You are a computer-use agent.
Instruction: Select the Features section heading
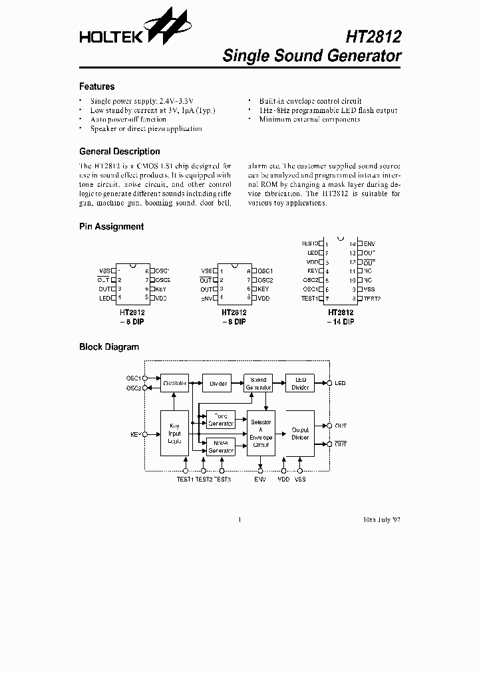pyautogui.click(x=96, y=86)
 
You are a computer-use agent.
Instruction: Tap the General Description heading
pyautogui.click(x=119, y=152)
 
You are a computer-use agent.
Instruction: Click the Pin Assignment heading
pyautogui.click(x=111, y=227)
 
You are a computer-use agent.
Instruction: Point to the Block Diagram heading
pyautogui.click(x=109, y=347)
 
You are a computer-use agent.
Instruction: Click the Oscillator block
pyautogui.click(x=174, y=383)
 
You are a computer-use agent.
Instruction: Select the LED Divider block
pyautogui.click(x=300, y=383)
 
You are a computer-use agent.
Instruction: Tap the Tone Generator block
pyautogui.click(x=221, y=420)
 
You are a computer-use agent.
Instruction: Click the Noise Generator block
pyautogui.click(x=221, y=446)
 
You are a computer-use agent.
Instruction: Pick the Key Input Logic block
pyautogui.click(x=174, y=433)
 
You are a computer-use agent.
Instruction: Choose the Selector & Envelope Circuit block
pyautogui.click(x=261, y=433)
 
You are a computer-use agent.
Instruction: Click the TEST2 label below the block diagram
pyautogui.click(x=204, y=479)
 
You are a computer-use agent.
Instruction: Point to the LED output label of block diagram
pyautogui.click(x=340, y=383)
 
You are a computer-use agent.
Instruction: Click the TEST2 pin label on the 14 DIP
pyautogui.click(x=371, y=299)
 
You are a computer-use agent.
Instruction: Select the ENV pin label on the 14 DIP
pyautogui.click(x=369, y=244)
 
